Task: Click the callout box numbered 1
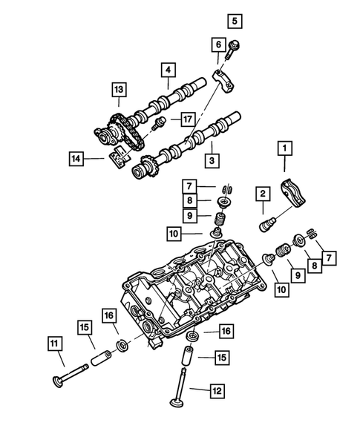[283, 149]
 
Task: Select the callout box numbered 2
[262, 194]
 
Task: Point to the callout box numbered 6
[217, 45]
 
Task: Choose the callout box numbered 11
[56, 343]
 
